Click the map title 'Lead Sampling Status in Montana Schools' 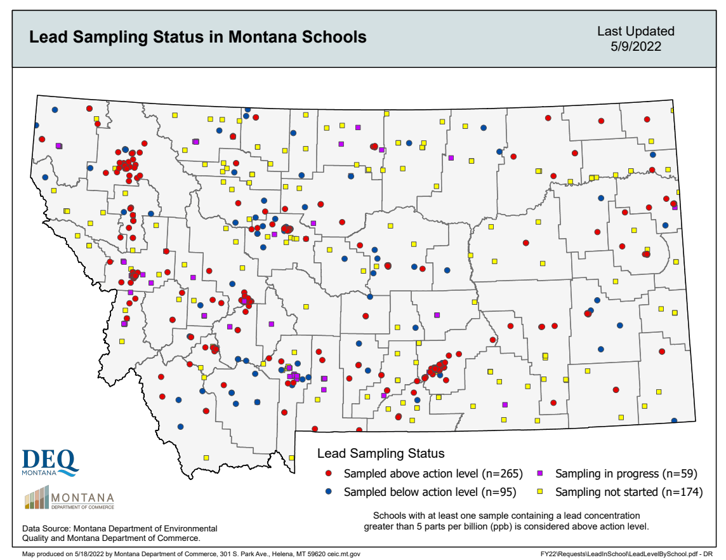coord(198,37)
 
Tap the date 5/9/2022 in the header coord(636,46)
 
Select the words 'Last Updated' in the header coord(636,31)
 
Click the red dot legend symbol coord(329,474)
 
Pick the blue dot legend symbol coord(329,492)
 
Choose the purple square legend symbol coord(540,474)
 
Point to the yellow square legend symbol coord(540,492)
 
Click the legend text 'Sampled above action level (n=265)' coord(433,474)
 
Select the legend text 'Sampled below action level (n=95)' coord(430,492)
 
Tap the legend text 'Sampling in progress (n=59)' coord(626,474)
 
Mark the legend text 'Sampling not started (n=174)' coord(629,492)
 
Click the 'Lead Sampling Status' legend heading coord(381,453)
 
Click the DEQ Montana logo coord(49,462)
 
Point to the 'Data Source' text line coord(119,528)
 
